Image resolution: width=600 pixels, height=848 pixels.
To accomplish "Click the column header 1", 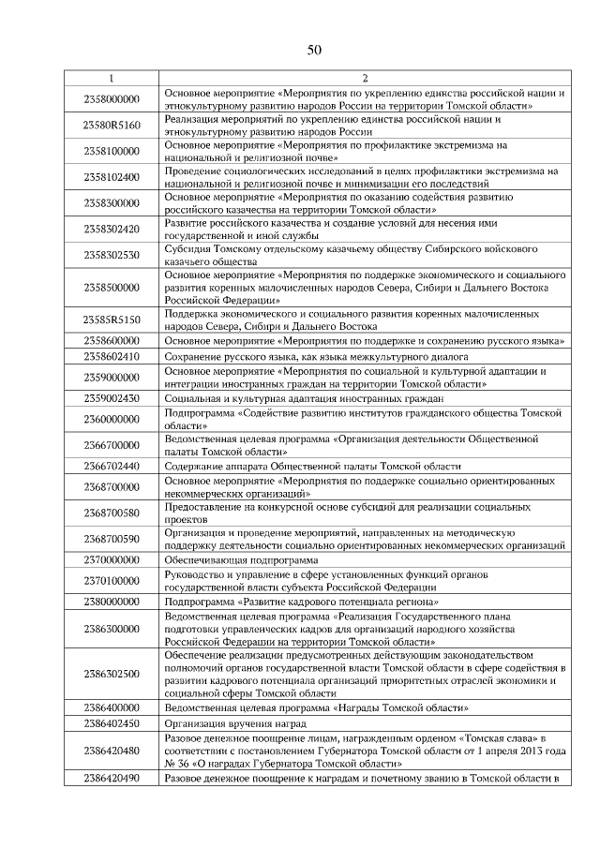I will click(x=111, y=78).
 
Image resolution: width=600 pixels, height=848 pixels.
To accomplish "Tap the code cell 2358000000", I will click(x=111, y=98).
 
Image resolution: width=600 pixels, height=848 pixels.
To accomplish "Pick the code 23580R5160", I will click(x=111, y=125).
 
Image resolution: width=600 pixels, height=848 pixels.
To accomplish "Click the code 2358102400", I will click(x=111, y=177).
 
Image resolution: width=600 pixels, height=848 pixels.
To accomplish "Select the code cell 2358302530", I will click(x=111, y=255).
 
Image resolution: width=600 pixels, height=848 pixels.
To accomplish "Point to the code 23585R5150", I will click(x=111, y=320).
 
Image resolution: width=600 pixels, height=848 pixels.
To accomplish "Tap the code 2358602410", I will click(x=111, y=357).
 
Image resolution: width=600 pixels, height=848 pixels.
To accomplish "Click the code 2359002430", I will click(x=111, y=398).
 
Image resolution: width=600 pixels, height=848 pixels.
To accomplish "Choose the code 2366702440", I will click(x=111, y=466).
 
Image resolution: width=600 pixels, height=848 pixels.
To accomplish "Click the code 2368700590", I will click(x=111, y=539).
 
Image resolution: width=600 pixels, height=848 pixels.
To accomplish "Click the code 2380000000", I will click(x=111, y=601).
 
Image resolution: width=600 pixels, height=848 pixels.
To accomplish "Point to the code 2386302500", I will click(x=111, y=674).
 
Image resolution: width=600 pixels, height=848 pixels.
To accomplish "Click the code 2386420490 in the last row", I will click(x=111, y=779).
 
